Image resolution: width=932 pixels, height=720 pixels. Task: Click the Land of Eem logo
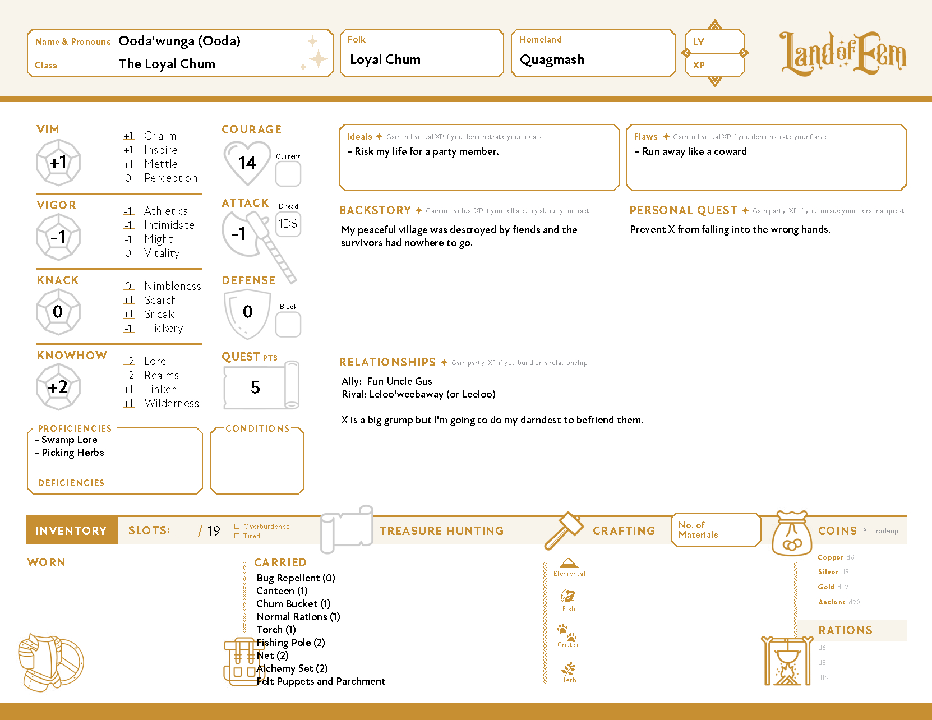[843, 54]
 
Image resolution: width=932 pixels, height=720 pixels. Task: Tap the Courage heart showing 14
[247, 163]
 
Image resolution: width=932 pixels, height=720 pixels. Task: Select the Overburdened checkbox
[237, 526]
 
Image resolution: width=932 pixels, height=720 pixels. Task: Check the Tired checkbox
[237, 536]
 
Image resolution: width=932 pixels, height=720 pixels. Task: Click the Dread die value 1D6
[288, 224]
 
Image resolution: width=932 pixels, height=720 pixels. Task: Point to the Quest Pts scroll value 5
[256, 387]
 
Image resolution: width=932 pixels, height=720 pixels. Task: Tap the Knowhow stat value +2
[58, 387]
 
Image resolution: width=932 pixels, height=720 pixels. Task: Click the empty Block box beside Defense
[288, 324]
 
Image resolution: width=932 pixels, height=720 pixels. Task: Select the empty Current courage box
[288, 174]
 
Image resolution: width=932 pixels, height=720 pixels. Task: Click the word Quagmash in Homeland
[552, 59]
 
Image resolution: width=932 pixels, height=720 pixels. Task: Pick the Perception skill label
[170, 178]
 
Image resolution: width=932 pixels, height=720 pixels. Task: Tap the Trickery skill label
[163, 328]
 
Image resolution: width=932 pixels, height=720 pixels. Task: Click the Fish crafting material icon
[568, 596]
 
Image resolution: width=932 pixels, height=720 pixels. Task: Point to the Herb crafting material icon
[568, 668]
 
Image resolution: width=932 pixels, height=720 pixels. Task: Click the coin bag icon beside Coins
[792, 534]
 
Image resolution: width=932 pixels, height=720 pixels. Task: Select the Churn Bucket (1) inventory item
[293, 604]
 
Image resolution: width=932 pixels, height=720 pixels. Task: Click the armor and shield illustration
[50, 662]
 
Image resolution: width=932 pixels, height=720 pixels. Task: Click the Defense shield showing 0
[247, 312]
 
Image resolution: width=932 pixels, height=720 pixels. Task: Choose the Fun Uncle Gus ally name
[399, 381]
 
